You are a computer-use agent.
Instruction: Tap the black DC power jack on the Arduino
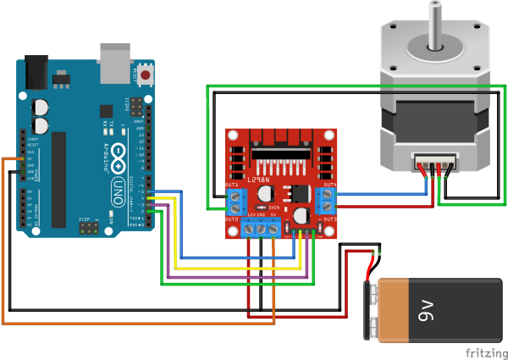point(36,71)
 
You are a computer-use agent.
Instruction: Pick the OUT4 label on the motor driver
point(329,186)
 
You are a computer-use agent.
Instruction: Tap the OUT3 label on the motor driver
point(329,219)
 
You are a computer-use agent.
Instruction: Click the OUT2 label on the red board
point(232,219)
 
